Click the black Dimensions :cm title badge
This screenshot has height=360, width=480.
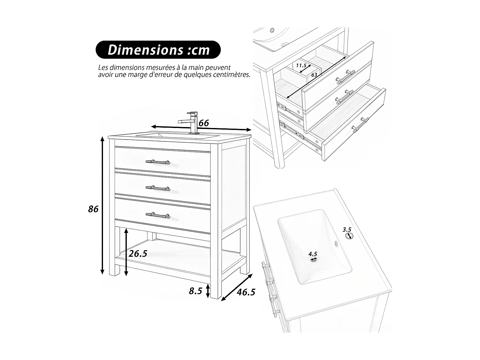[x=158, y=50]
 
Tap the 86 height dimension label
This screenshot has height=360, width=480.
[x=93, y=209]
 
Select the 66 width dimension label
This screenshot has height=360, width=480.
[x=204, y=123]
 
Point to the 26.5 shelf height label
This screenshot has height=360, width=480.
[x=138, y=253]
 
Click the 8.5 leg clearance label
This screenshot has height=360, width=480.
[x=196, y=291]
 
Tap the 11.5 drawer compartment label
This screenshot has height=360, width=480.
[x=301, y=66]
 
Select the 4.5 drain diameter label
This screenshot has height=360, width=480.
[x=313, y=254]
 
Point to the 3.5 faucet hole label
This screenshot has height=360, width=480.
[x=347, y=229]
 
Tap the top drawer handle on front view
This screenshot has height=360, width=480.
[x=157, y=162]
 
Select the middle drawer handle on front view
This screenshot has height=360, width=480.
[x=157, y=188]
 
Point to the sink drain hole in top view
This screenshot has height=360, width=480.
[x=314, y=259]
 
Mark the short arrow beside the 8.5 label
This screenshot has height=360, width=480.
[x=208, y=291]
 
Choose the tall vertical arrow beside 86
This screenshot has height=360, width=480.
[x=102, y=205]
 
